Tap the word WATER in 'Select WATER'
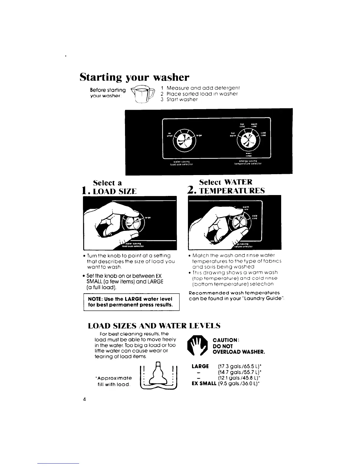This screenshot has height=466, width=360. pyautogui.click(x=238, y=182)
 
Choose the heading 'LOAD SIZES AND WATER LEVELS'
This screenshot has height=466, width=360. pyautogui.click(x=154, y=326)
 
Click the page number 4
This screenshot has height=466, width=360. pyautogui.click(x=84, y=399)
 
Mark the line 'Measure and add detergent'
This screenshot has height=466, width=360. pyautogui.click(x=203, y=88)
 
